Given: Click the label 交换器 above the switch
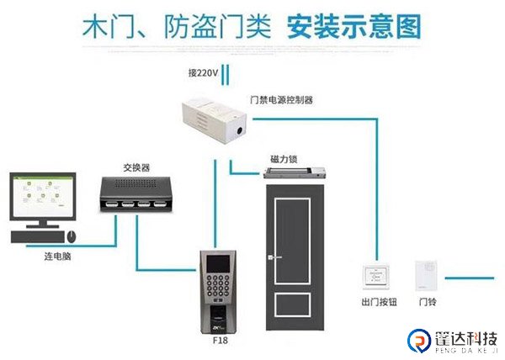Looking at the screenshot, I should [x=136, y=167].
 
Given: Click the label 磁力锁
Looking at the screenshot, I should [x=281, y=159].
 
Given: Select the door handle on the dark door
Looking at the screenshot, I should [x=267, y=257].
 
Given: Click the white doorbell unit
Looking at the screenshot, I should [x=424, y=275].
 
